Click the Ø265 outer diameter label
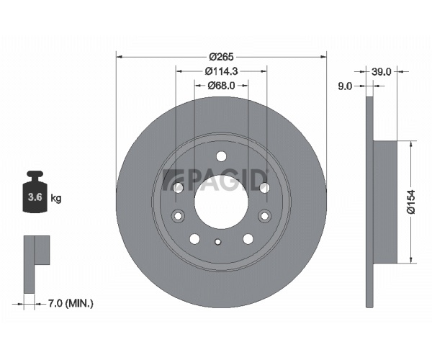pos(221,57)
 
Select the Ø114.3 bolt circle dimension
pos(221,71)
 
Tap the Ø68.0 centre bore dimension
pos(221,86)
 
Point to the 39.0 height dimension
pos(382,72)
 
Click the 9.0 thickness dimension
pos(345,86)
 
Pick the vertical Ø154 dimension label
pos(411,202)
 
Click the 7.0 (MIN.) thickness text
pos(71,304)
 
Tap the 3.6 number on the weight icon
pos(35,197)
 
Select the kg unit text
pos(56,198)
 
